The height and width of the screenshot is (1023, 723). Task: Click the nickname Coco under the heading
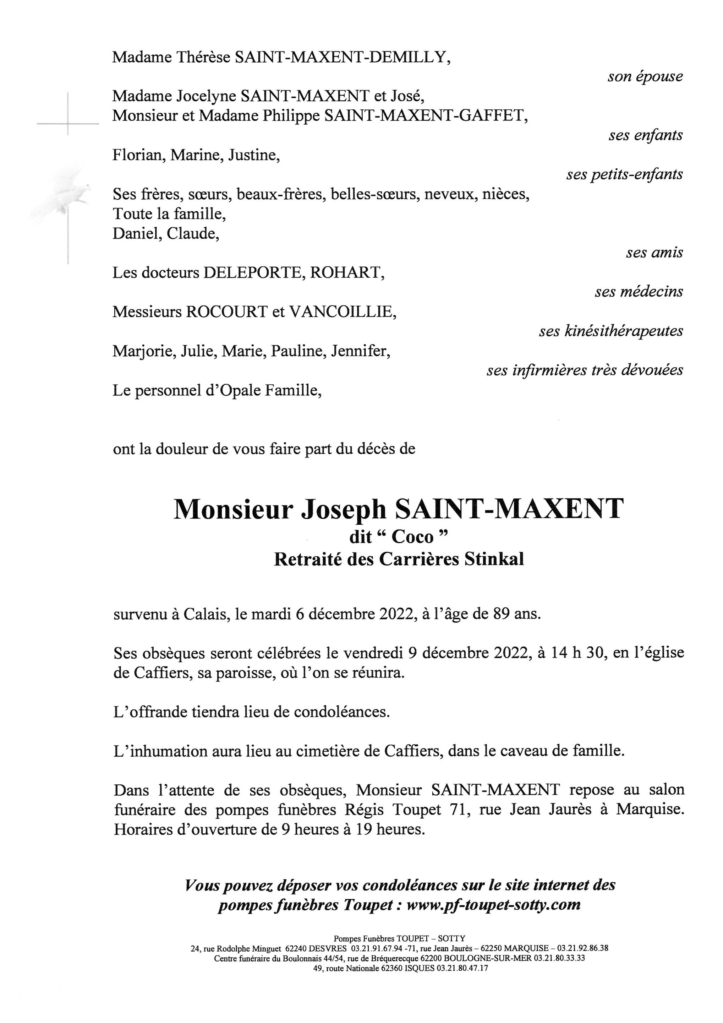[x=412, y=537]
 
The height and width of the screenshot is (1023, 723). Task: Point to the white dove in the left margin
[x=67, y=196]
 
